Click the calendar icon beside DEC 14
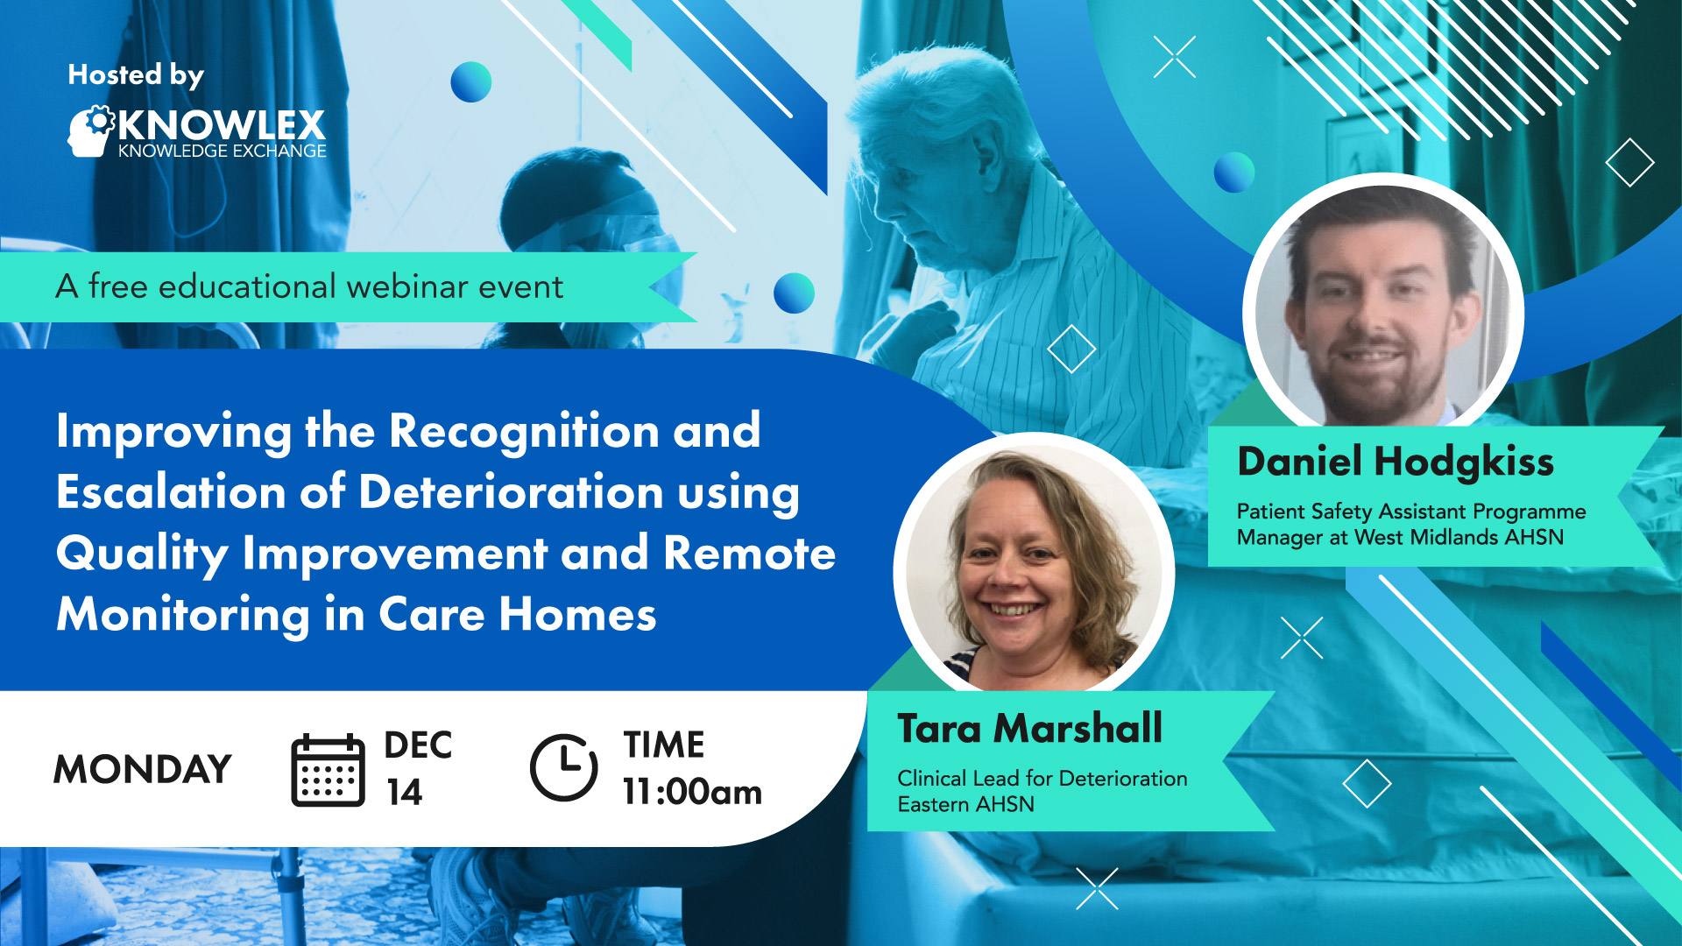328,770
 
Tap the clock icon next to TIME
564,767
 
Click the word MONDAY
143,769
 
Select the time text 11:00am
692,792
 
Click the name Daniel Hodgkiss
1396,462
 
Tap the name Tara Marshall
1030,728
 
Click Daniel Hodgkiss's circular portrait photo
1383,307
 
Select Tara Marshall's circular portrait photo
1034,569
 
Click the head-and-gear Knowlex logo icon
91,131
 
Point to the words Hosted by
136,76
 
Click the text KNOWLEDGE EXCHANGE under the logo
223,151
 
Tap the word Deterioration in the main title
511,491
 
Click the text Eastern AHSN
965,804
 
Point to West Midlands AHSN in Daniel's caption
1459,537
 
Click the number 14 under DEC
405,792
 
